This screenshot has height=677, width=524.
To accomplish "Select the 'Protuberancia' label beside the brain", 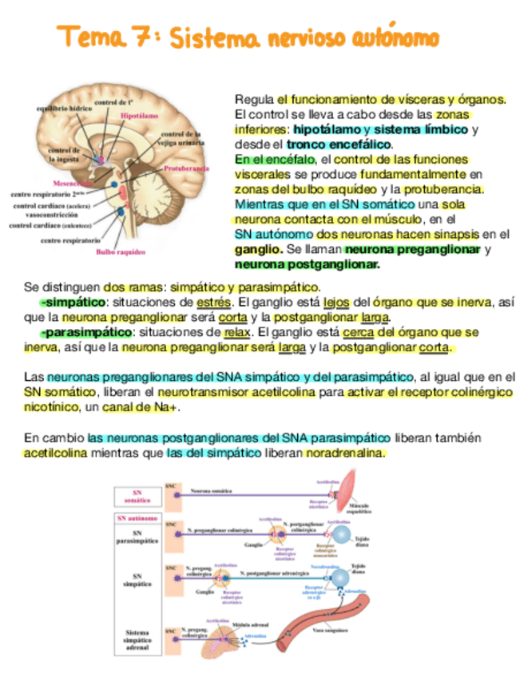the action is [186, 169].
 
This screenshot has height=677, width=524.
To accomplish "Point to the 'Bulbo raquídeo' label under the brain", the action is [120, 251].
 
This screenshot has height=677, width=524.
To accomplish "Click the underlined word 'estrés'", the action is [213, 303].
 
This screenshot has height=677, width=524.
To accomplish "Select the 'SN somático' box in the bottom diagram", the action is [137, 497].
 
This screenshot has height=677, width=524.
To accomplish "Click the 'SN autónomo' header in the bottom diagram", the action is [137, 518].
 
